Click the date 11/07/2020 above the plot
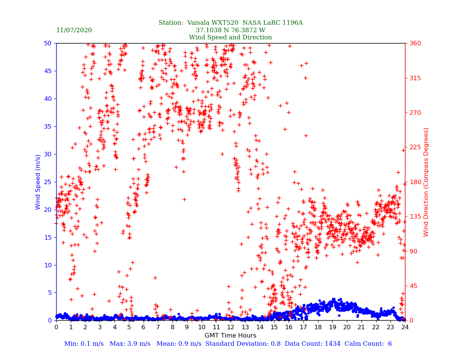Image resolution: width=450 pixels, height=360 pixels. [74, 30]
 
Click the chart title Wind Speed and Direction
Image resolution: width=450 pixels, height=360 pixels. [230, 37]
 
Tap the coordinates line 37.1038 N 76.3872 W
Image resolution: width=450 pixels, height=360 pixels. [230, 30]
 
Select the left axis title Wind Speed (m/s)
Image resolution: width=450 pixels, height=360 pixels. [38, 182]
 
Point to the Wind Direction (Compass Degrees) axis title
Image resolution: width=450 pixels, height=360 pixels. [426, 182]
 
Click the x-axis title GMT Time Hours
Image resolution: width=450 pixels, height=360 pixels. [230, 336]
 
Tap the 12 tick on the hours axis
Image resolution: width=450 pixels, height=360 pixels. [231, 327]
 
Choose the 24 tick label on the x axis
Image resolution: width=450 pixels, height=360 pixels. [405, 327]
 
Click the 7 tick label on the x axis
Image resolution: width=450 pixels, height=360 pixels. [158, 327]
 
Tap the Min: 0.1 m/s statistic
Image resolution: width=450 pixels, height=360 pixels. [83, 344]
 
